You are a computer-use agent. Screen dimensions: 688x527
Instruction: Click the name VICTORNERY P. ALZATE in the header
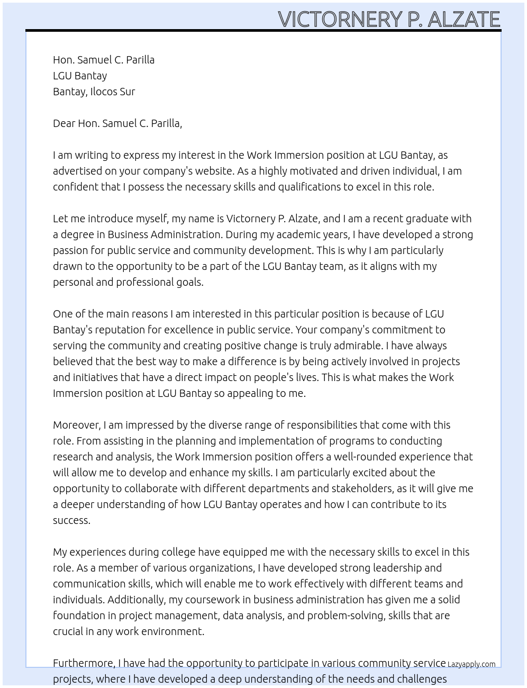[x=389, y=19]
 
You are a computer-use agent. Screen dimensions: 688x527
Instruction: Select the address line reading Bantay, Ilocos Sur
[x=94, y=92]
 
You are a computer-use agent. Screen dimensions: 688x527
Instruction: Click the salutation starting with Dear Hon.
[x=117, y=123]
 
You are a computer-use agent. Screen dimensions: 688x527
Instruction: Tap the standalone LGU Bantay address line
[x=80, y=76]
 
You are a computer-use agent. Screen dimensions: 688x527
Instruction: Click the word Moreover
[x=77, y=425]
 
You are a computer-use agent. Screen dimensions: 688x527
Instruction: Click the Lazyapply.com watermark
[x=471, y=664]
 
